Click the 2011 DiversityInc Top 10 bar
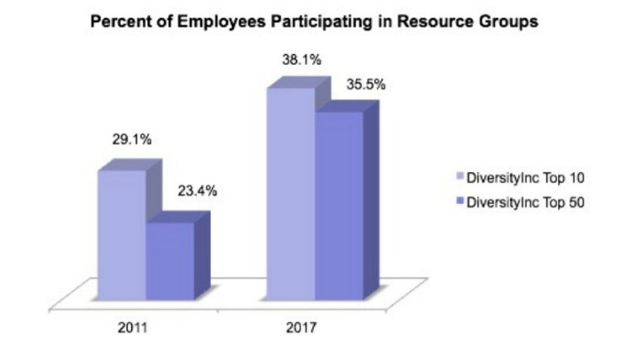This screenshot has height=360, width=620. tap(122, 235)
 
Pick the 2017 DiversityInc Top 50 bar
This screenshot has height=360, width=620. tap(339, 205)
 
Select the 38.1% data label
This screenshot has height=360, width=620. tap(300, 60)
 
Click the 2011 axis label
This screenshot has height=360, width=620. tap(134, 328)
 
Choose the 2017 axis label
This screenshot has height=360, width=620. tap(302, 328)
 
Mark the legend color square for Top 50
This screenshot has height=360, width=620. tap(459, 201)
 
